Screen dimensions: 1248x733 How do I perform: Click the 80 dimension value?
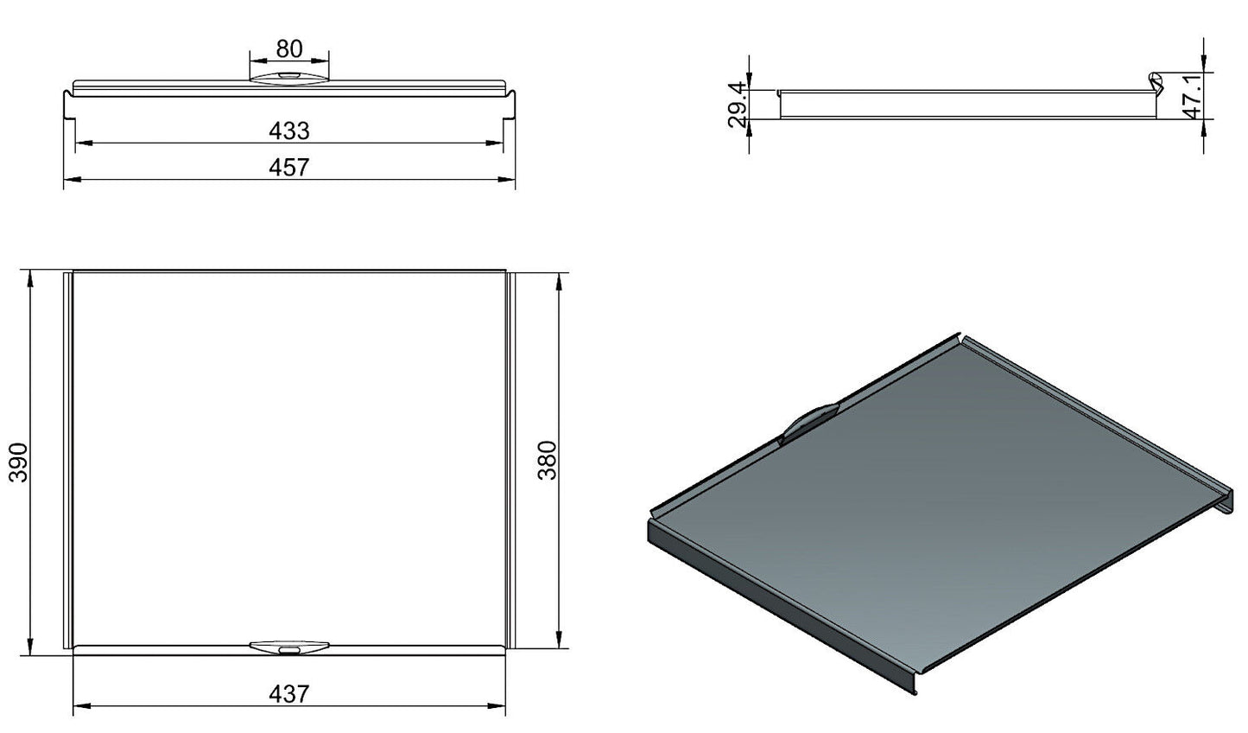[x=289, y=49]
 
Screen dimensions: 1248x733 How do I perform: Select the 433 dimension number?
[x=289, y=131]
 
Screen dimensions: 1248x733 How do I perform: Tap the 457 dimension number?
[x=289, y=167]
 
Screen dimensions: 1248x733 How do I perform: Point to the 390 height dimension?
[x=18, y=462]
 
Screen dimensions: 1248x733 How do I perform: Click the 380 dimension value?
[x=548, y=461]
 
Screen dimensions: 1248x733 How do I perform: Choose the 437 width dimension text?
[x=289, y=694]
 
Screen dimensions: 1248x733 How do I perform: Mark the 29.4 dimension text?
[x=737, y=105]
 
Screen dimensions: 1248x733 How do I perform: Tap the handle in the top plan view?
[x=289, y=647]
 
